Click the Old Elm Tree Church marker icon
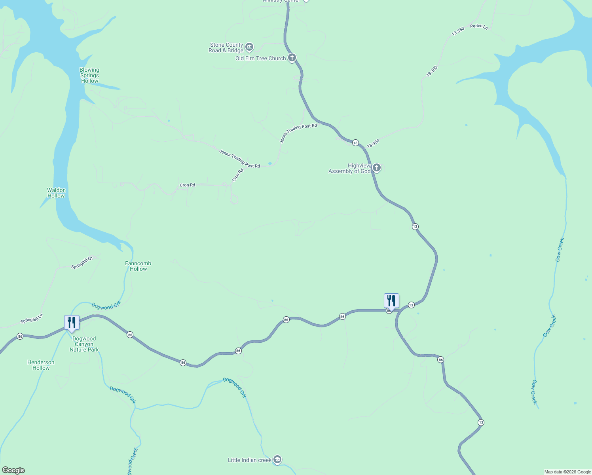coord(292,58)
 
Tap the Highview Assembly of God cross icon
coord(376,168)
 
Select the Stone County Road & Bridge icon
coord(249,47)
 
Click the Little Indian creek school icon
coord(277,460)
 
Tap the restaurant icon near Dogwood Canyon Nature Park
coord(72,323)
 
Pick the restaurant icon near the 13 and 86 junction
coord(391,301)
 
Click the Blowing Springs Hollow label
coord(89,75)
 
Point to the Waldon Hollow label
coord(56,193)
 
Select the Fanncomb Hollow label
coord(138,266)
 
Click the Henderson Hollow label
coord(41,365)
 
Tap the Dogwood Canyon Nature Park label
coord(84,344)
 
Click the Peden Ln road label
coord(479,27)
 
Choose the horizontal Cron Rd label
coord(187,185)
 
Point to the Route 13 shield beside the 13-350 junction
coord(355,142)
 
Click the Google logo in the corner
coord(13,470)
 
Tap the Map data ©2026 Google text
coord(567,472)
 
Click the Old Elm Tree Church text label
coord(260,58)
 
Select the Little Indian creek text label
coord(249,460)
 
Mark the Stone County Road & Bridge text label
coord(226,47)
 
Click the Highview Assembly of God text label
coord(349,168)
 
